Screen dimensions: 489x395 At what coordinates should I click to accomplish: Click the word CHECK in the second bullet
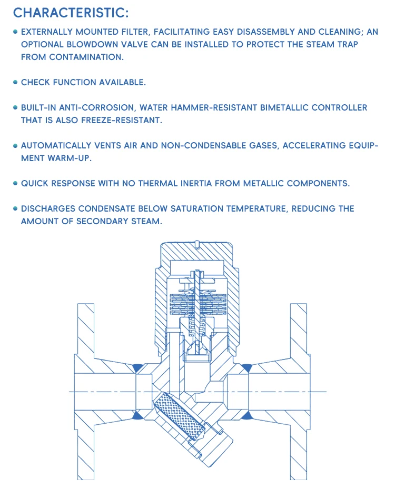[35, 83]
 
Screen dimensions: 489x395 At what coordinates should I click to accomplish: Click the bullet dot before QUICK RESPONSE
[16, 184]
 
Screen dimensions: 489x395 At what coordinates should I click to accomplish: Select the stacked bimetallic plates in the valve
[197, 299]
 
